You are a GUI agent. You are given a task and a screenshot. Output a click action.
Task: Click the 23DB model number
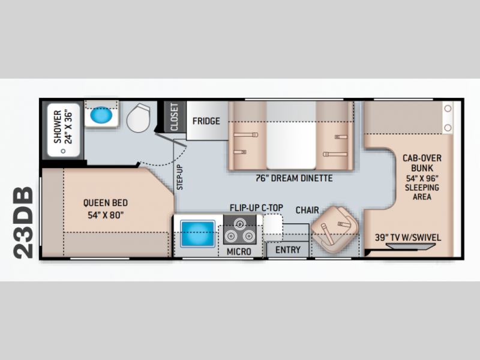click(x=23, y=223)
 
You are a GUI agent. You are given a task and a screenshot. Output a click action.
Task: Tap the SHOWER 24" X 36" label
click(x=63, y=127)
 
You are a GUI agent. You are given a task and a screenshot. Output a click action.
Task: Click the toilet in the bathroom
click(x=139, y=118)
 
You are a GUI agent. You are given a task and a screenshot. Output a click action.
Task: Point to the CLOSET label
click(x=174, y=117)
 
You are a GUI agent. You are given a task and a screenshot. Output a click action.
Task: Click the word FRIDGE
click(x=206, y=121)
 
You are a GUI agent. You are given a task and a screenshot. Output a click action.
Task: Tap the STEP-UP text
click(x=179, y=177)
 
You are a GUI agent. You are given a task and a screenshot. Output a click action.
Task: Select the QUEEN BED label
click(x=106, y=203)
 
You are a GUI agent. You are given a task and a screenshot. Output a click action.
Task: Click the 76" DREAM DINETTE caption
click(x=294, y=178)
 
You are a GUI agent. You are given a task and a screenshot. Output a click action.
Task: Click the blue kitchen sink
click(x=197, y=233)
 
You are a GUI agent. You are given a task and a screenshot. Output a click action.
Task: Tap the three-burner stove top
click(x=239, y=230)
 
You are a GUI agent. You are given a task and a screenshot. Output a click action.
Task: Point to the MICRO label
click(x=239, y=251)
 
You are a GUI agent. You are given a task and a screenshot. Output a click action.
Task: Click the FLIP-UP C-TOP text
click(x=257, y=208)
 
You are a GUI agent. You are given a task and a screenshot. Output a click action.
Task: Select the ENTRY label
click(x=288, y=250)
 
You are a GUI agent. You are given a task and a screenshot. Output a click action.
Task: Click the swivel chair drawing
click(x=334, y=229)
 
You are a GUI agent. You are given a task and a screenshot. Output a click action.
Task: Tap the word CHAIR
click(x=307, y=210)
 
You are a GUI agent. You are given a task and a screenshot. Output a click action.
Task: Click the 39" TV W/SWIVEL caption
click(x=408, y=238)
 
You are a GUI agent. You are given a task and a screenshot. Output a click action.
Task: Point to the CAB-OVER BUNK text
click(x=422, y=163)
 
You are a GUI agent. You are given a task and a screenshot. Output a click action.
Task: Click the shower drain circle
click(x=63, y=151)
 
